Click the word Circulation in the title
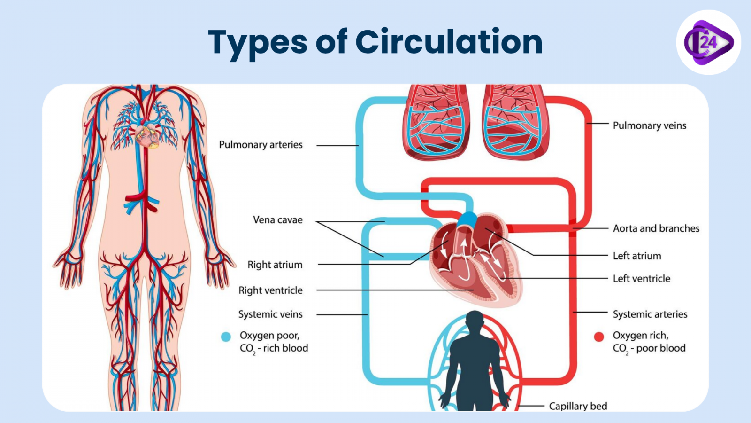tap(449, 42)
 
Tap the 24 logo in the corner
tap(708, 42)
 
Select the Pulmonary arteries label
tap(261, 145)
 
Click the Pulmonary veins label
tap(649, 125)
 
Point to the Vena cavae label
tap(277, 220)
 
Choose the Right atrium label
tap(275, 265)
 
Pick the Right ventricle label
tap(270, 290)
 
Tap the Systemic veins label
tap(270, 314)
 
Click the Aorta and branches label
tap(656, 228)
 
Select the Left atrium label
tap(636, 256)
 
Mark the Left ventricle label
tap(641, 279)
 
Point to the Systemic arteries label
tap(650, 314)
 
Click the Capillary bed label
tap(578, 406)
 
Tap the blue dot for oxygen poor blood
tap(226, 337)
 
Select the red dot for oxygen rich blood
tap(599, 337)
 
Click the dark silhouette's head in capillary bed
tap(475, 321)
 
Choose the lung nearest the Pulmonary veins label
tap(515, 122)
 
